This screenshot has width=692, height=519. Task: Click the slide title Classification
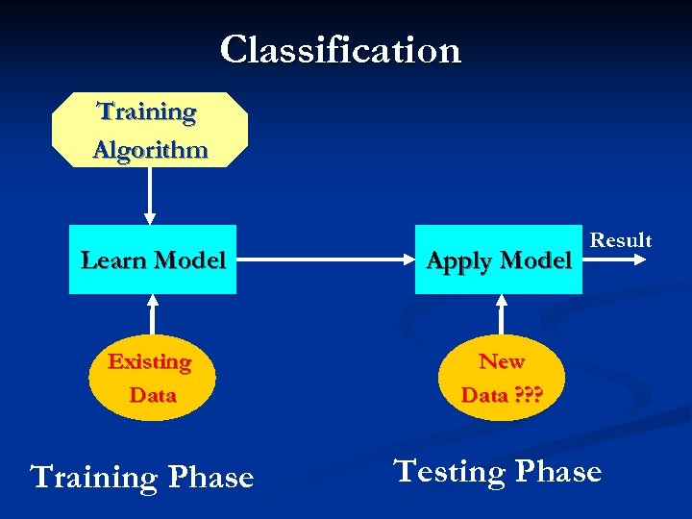[340, 50]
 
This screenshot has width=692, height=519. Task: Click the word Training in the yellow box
[147, 112]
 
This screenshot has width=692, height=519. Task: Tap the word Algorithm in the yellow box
[150, 150]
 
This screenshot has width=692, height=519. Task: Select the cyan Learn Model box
[153, 259]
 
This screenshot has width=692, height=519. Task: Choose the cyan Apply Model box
[499, 259]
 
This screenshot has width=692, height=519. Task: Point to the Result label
[620, 240]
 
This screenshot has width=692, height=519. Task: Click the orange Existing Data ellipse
[151, 378]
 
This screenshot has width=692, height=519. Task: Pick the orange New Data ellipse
[501, 378]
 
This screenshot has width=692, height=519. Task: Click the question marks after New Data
[528, 395]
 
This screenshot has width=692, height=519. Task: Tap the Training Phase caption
[142, 477]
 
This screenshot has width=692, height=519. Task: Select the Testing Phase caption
[497, 472]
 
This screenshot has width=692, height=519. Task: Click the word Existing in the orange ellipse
[150, 362]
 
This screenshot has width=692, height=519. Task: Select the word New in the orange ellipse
[502, 362]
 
